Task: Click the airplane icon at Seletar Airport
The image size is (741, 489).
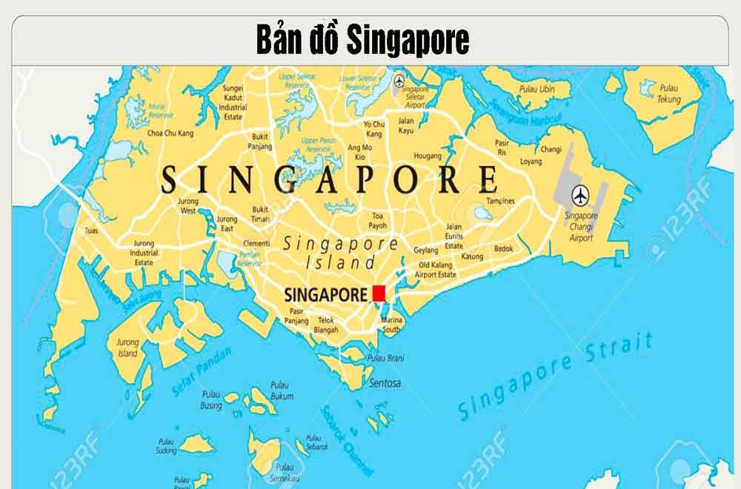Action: point(400,81)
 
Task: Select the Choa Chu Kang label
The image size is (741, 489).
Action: point(170,133)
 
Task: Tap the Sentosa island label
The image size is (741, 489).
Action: point(385,383)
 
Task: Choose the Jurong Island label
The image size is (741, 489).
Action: point(127,348)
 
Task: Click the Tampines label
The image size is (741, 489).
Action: point(500,202)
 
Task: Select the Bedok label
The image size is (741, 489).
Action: point(503,249)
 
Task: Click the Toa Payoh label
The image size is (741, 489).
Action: point(378,220)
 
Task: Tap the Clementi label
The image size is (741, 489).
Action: point(256,243)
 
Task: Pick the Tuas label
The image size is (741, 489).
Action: point(92,230)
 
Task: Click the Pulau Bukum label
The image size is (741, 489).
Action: point(282,390)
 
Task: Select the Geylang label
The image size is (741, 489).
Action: point(425,250)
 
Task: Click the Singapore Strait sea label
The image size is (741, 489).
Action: point(556,377)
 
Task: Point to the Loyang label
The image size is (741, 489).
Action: point(531,161)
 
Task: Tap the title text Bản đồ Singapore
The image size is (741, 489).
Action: point(362,41)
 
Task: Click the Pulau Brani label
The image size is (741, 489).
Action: point(387,358)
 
